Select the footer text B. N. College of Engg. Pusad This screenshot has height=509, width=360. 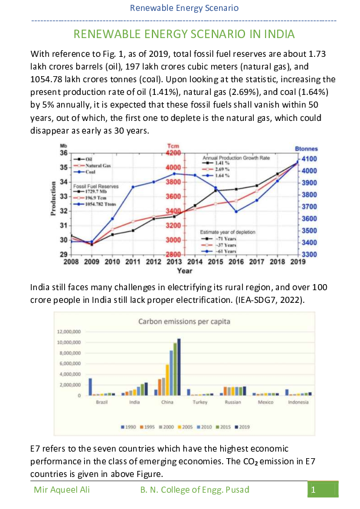(194, 489)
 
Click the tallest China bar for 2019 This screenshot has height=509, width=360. (178, 367)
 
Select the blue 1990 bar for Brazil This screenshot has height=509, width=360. (90, 386)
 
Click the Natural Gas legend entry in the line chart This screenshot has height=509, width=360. (96, 165)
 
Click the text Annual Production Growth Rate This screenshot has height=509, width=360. (235, 157)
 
